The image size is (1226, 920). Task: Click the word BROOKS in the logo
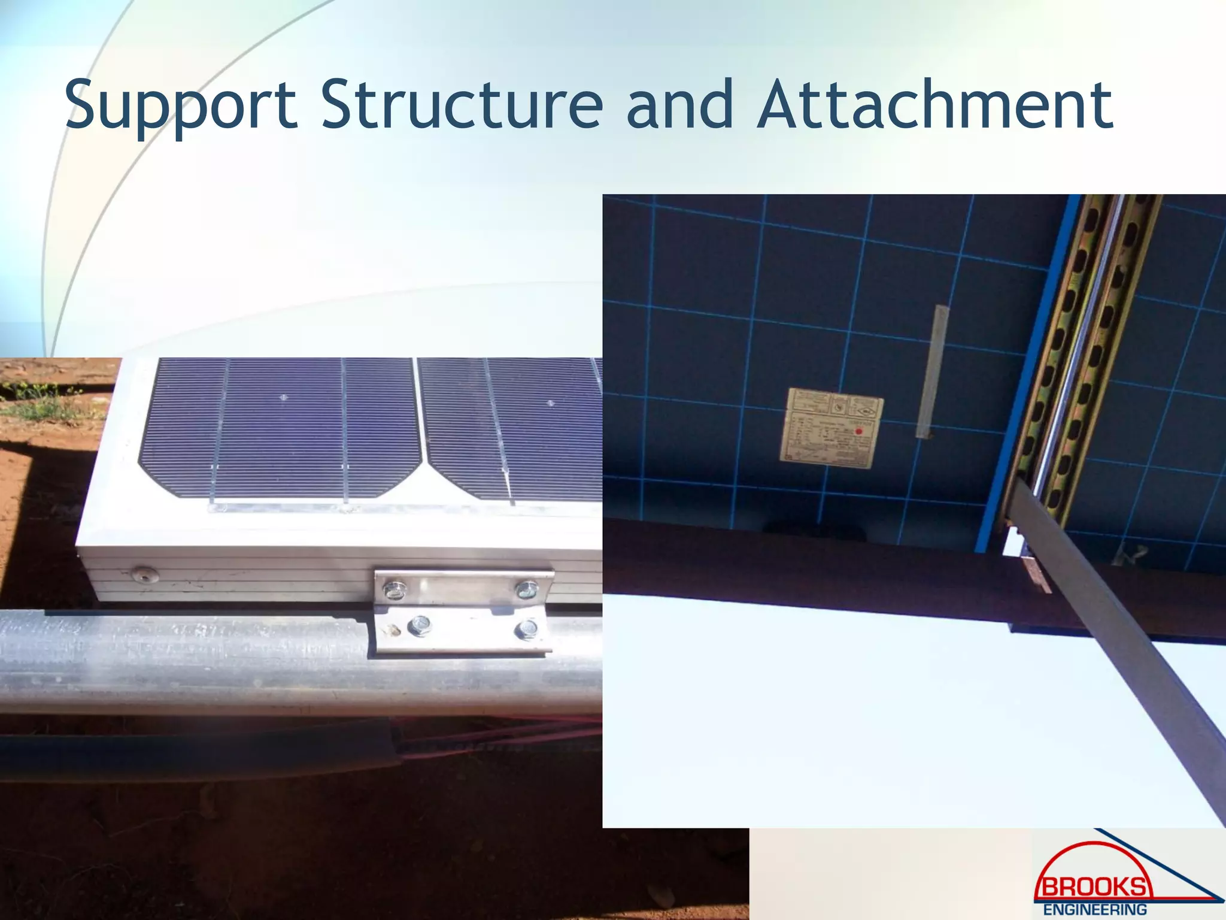1093,885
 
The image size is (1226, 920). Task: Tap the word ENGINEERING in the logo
1095,909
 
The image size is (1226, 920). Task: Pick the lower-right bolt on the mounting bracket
526,629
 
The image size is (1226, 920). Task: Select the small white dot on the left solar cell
284,397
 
